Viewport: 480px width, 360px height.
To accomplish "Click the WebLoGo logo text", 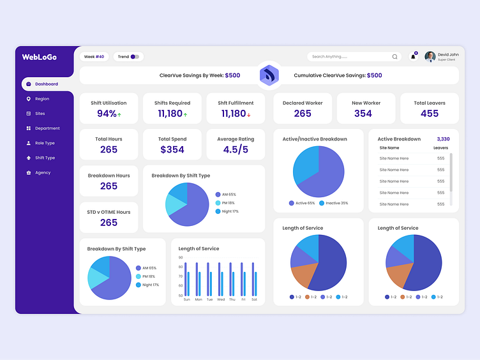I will click(x=40, y=57).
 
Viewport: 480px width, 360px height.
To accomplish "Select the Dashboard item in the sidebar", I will click(x=46, y=84).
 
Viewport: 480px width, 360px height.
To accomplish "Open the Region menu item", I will click(x=41, y=99).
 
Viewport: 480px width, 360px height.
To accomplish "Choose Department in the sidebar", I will click(x=47, y=128).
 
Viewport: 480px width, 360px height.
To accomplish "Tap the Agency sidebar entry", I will click(x=43, y=173).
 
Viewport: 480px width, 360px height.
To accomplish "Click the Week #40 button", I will click(x=94, y=57).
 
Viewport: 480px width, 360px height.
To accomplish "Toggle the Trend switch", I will click(x=135, y=57).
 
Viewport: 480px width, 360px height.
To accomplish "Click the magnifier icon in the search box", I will click(x=394, y=57).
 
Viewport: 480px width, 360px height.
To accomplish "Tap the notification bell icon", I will click(x=413, y=57).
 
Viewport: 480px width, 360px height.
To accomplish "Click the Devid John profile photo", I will click(x=430, y=57).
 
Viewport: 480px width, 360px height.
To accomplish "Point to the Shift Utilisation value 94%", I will click(x=107, y=114).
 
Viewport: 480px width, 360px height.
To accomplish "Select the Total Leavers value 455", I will click(x=430, y=114).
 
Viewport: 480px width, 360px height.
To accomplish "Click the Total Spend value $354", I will click(x=172, y=149).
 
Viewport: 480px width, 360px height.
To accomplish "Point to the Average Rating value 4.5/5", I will click(x=236, y=149).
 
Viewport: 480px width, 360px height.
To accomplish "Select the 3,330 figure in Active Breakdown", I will click(x=443, y=139).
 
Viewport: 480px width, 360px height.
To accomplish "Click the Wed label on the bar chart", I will click(x=221, y=299).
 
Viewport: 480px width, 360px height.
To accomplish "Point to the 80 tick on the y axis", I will click(x=181, y=267).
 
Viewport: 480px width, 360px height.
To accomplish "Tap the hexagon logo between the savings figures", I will click(x=269, y=75).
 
